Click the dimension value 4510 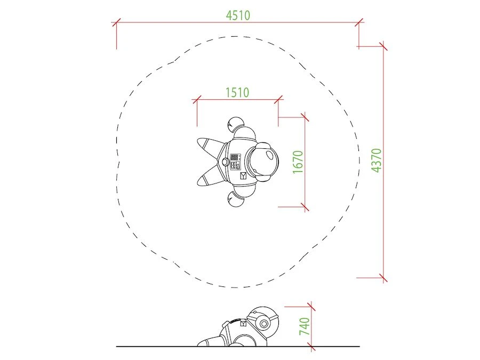tap(238, 15)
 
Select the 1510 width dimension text tap(237, 92)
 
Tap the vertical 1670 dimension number tap(298, 162)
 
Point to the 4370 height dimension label tap(376, 160)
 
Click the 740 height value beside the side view tap(305, 326)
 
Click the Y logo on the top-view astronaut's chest tap(243, 175)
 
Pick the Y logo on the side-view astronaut tap(244, 324)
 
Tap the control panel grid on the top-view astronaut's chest tap(235, 157)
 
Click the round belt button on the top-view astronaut tap(225, 161)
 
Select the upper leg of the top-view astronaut tap(211, 146)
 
